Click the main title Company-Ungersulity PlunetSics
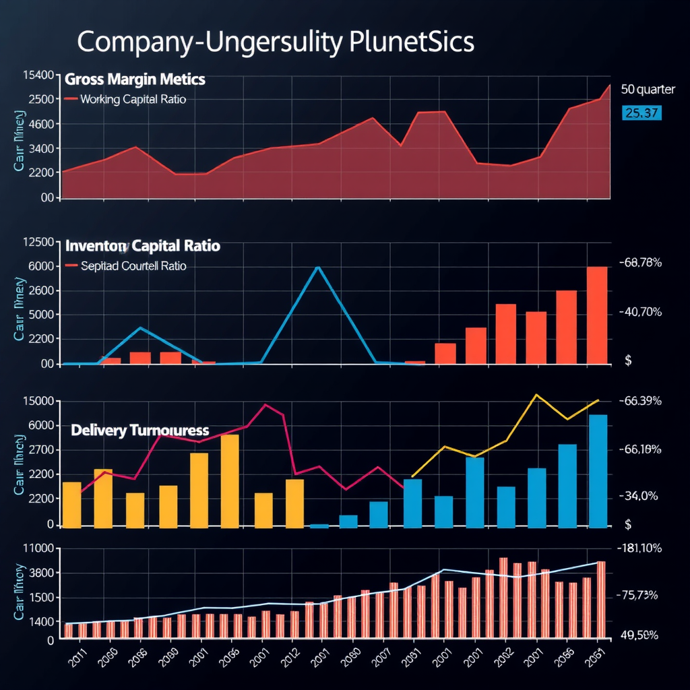pyautogui.click(x=275, y=42)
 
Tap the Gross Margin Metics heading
pyautogui.click(x=135, y=80)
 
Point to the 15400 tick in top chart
pyautogui.click(x=38, y=75)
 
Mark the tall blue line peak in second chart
pyautogui.click(x=318, y=268)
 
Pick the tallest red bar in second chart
pyautogui.click(x=597, y=315)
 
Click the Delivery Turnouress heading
pyautogui.click(x=139, y=430)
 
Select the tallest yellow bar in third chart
pyautogui.click(x=230, y=480)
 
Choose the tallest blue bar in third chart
pyautogui.click(x=598, y=470)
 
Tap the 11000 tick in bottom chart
pyautogui.click(x=38, y=548)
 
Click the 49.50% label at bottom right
pyautogui.click(x=639, y=635)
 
